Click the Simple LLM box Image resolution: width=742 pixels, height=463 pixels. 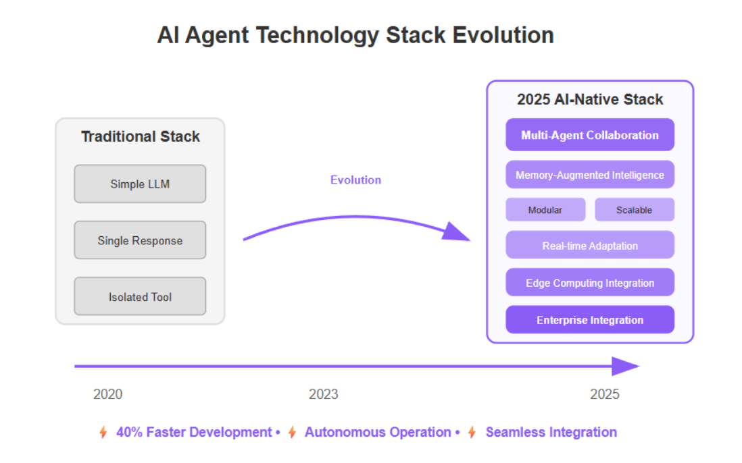[140, 184]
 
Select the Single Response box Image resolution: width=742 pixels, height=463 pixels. [140, 240]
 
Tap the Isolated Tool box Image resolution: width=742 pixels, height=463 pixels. [140, 296]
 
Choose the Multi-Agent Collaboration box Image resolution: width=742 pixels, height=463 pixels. [590, 135]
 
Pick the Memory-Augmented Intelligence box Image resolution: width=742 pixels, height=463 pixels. [590, 175]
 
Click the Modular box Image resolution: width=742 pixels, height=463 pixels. [545, 210]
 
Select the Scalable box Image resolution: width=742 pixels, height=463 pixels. [635, 210]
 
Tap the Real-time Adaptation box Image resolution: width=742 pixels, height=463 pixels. [590, 245]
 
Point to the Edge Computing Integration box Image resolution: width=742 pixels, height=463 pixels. [590, 283]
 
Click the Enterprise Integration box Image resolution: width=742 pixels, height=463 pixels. [590, 320]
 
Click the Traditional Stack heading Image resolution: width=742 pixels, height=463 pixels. [141, 136]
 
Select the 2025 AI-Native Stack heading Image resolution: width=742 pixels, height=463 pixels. [590, 99]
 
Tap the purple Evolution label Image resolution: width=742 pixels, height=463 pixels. [356, 180]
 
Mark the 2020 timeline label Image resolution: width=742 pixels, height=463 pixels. [108, 394]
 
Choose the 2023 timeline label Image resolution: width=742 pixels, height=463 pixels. [324, 394]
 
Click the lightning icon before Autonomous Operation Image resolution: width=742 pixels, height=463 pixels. [293, 432]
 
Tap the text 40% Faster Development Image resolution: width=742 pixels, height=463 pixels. [194, 432]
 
